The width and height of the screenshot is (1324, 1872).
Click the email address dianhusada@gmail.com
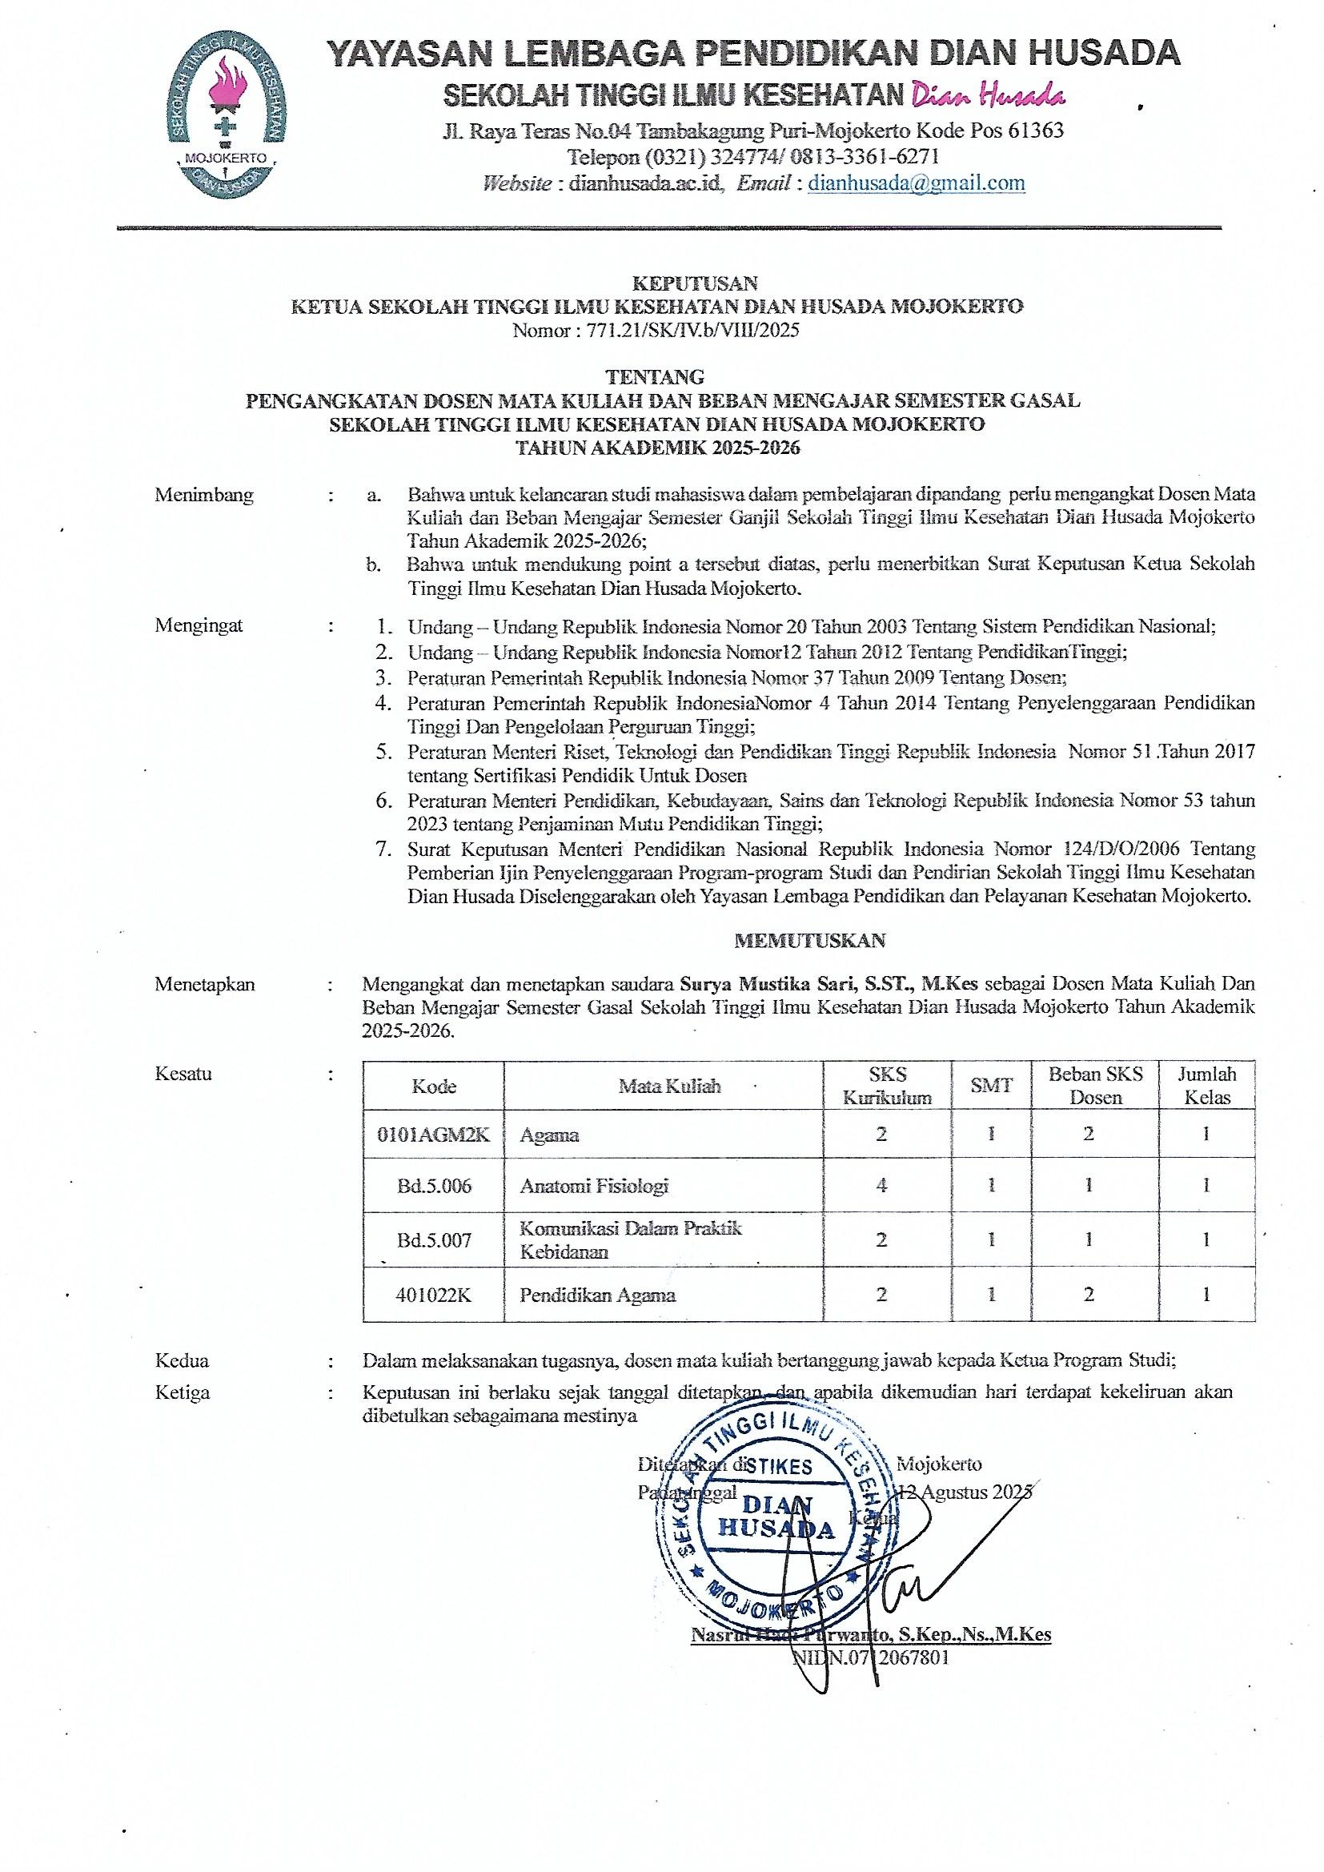coord(917,183)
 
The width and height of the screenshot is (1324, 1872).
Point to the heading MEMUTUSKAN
coord(809,940)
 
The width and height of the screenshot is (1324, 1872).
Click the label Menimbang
coord(204,495)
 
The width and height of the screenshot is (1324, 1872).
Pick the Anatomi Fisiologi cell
coord(593,1186)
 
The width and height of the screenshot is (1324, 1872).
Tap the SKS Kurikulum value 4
coord(881,1185)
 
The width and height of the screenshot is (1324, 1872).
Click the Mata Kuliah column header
coord(669,1086)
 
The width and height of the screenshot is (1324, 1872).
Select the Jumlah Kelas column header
coord(1206,1086)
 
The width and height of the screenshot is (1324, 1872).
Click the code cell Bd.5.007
coord(434,1240)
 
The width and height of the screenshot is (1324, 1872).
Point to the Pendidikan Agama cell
coord(598,1295)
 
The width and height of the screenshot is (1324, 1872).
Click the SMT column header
coord(991,1086)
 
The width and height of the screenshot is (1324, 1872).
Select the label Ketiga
coord(182,1392)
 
